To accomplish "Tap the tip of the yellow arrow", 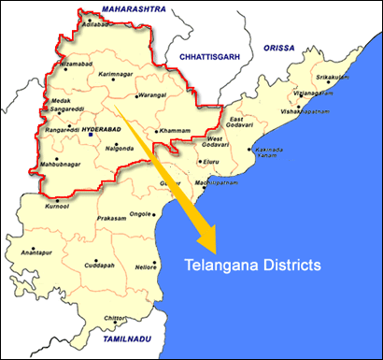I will point(214,251).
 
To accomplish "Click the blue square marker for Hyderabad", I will point(91,136).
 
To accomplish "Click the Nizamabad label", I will point(76,63).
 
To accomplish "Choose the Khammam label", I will point(174,130).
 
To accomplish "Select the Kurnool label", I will point(59,208).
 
